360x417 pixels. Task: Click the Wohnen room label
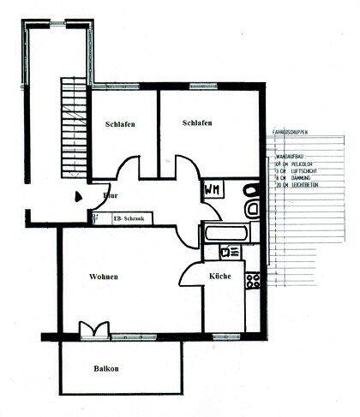coord(103,277)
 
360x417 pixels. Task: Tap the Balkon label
coord(107,369)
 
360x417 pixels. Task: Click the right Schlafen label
coord(197,123)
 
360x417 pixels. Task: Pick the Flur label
coord(110,196)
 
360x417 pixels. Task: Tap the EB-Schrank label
coord(129,219)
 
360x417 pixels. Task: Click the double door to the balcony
coord(93,331)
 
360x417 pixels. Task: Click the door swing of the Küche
coord(190,276)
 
